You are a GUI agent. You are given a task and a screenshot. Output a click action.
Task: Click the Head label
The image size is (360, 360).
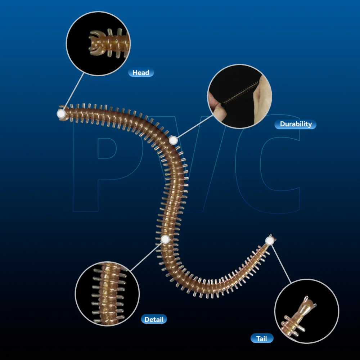141,73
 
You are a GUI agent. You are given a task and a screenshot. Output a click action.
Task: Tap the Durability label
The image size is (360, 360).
296,124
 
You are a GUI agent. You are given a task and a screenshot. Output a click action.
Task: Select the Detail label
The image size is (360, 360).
154,319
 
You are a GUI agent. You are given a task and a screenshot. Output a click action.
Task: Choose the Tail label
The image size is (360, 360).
262,338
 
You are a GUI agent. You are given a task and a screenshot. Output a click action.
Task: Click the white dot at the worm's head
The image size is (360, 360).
61,114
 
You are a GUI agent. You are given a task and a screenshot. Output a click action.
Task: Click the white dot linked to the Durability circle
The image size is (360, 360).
174,140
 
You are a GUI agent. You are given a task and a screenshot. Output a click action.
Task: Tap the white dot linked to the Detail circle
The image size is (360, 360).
165,239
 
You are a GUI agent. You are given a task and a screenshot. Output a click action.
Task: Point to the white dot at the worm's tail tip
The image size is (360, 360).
270,241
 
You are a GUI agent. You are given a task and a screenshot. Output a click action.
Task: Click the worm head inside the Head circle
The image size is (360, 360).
108,44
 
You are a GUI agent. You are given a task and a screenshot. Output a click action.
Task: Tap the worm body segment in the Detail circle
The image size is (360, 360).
109,294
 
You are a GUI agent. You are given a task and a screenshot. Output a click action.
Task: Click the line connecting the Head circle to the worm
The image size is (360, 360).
73,91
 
